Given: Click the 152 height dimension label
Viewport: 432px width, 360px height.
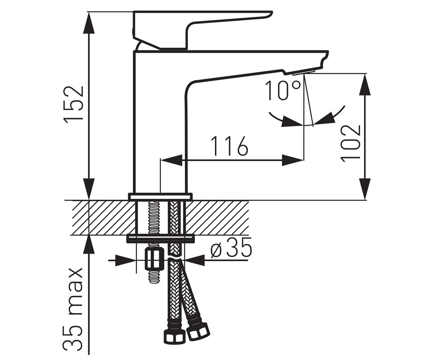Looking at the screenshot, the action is (74, 104).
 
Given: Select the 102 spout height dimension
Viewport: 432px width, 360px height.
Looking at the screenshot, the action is (351, 143).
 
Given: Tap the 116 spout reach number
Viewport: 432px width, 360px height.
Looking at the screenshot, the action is (229, 146).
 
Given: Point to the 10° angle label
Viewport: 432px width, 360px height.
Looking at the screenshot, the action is (283, 90).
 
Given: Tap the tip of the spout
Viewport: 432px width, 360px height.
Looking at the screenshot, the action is (325, 60).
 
